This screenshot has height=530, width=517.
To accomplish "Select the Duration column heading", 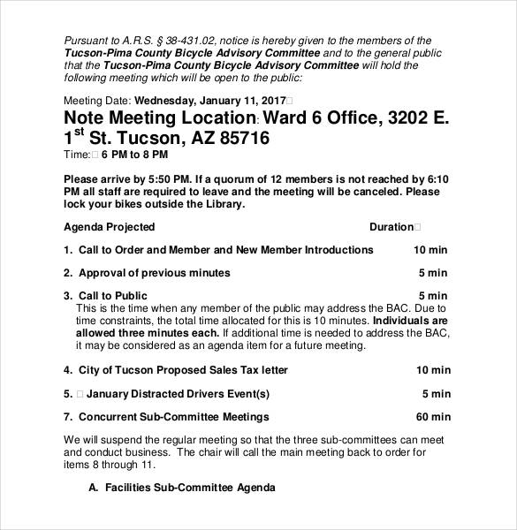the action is pos(391,227).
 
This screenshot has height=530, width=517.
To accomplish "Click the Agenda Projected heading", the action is pos(110,227).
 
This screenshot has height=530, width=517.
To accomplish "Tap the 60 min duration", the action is pos(433,417).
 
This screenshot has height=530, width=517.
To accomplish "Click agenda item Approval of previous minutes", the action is pos(154,273).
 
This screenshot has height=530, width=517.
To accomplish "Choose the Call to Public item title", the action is pos(113,296).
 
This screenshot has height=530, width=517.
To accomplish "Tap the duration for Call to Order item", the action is pos(431,250).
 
